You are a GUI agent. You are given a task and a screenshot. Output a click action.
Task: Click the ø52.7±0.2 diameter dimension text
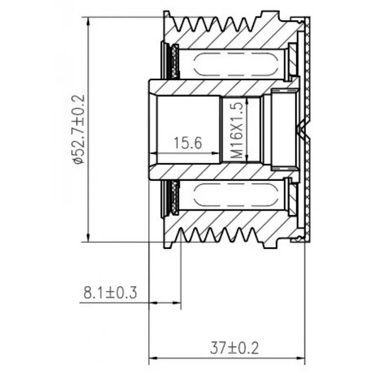tap(78, 129)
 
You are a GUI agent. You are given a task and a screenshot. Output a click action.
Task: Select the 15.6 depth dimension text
tap(188, 143)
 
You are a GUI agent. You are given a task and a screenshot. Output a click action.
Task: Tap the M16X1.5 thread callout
tap(236, 130)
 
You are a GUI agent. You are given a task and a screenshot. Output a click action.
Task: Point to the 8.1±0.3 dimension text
tap(110, 293)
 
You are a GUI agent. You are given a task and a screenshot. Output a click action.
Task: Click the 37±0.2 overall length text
tap(234, 348)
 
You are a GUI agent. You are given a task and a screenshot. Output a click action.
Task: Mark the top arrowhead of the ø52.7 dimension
tap(88, 21)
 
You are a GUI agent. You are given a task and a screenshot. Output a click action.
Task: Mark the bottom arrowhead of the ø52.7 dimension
tap(88, 237)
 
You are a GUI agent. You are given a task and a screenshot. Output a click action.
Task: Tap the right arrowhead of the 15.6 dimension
tap(216, 153)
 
